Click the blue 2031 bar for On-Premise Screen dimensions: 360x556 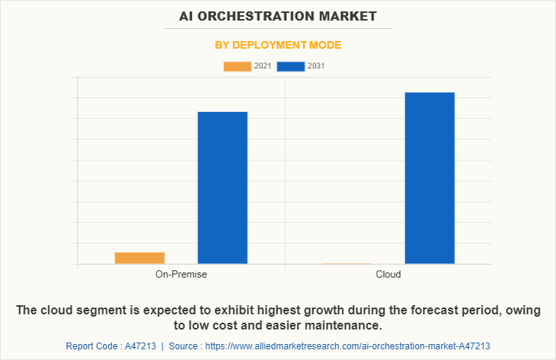222,188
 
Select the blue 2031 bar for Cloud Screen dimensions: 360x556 430,178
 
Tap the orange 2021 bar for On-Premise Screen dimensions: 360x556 139,258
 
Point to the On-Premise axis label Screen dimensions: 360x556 181,274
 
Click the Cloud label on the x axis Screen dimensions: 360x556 388,274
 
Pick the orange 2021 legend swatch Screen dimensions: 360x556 237,66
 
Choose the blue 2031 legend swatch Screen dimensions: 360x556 291,66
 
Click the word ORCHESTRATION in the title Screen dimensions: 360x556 279,15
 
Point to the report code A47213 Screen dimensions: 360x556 140,346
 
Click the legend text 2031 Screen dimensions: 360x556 316,66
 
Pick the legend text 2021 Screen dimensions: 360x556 263,66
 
